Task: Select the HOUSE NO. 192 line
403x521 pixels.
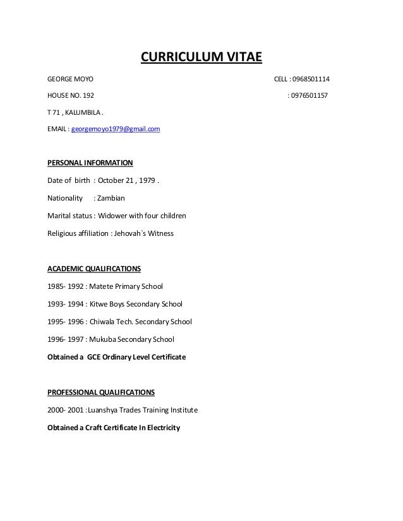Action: [70, 97]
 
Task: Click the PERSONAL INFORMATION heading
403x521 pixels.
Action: [90, 163]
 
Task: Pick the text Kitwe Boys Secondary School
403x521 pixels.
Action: [135, 304]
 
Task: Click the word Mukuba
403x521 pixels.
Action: [101, 339]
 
